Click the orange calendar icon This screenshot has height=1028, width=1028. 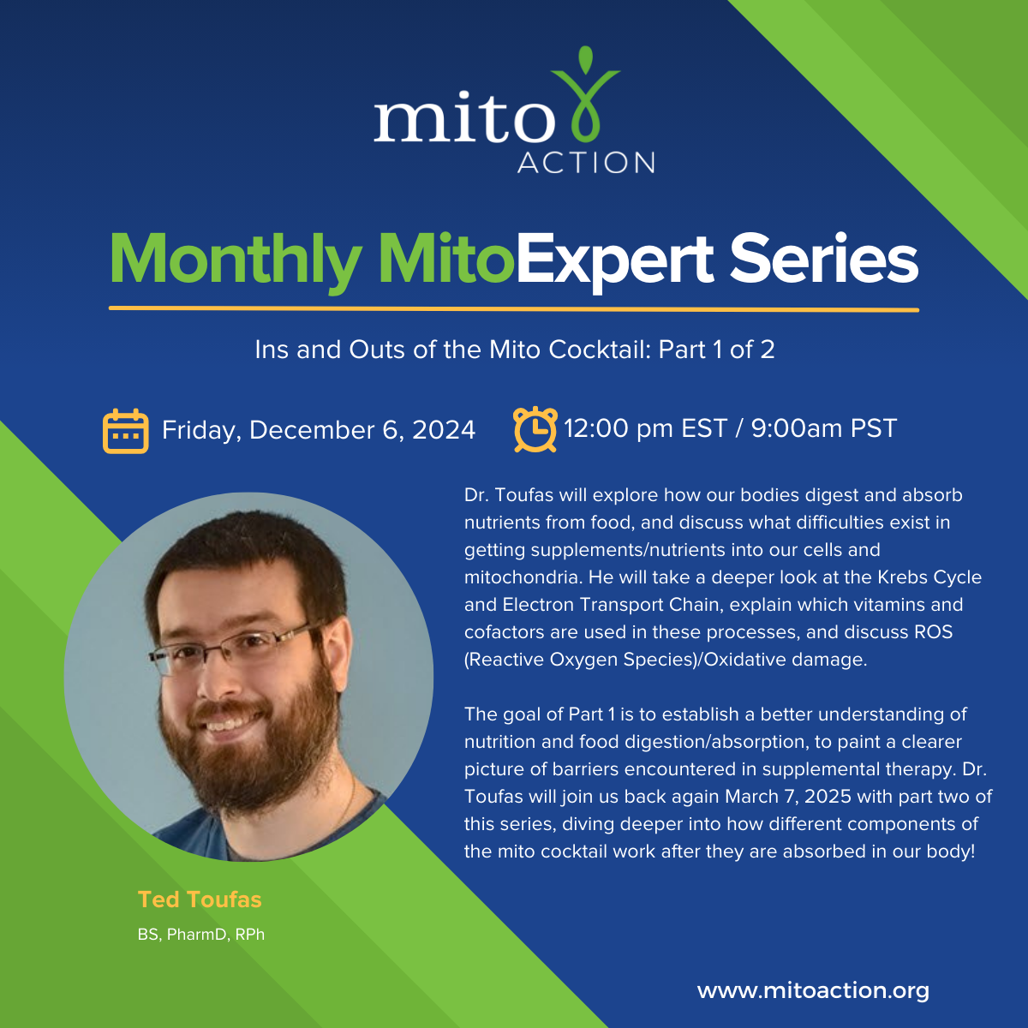pyautogui.click(x=125, y=431)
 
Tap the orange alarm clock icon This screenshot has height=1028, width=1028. pyautogui.click(x=535, y=429)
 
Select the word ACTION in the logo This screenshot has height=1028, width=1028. pyautogui.click(x=586, y=162)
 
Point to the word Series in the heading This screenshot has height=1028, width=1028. pyautogui.click(x=823, y=259)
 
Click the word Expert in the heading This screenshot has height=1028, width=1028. pyautogui.click(x=614, y=261)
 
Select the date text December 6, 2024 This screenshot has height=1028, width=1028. pyautogui.click(x=362, y=430)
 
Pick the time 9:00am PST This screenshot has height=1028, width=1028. pyautogui.click(x=823, y=428)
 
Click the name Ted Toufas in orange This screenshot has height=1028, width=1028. pyautogui.click(x=200, y=900)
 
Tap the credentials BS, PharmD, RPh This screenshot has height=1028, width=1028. pyautogui.click(x=201, y=935)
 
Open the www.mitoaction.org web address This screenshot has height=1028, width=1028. pyautogui.click(x=813, y=990)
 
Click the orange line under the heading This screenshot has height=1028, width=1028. pyautogui.click(x=514, y=309)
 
